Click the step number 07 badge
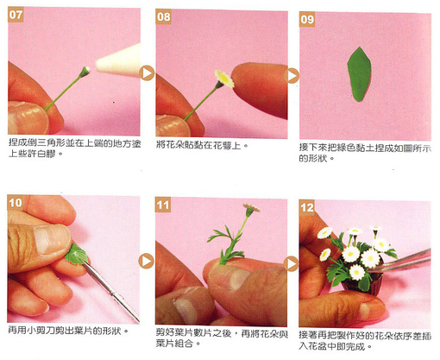click(x=16, y=15)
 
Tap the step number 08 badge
click(x=163, y=16)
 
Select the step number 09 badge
click(x=307, y=19)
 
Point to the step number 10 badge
click(x=16, y=203)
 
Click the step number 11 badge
click(x=163, y=205)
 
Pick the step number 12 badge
click(x=306, y=207)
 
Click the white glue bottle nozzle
click(x=118, y=61)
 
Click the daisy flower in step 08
click(x=224, y=79)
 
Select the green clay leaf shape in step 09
click(x=359, y=74)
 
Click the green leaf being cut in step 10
click(x=77, y=255)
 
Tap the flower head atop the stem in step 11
click(x=251, y=208)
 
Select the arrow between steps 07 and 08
click(x=148, y=73)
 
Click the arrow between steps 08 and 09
click(x=292, y=76)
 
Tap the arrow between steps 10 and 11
click(x=147, y=261)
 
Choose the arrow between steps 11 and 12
click(x=292, y=263)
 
